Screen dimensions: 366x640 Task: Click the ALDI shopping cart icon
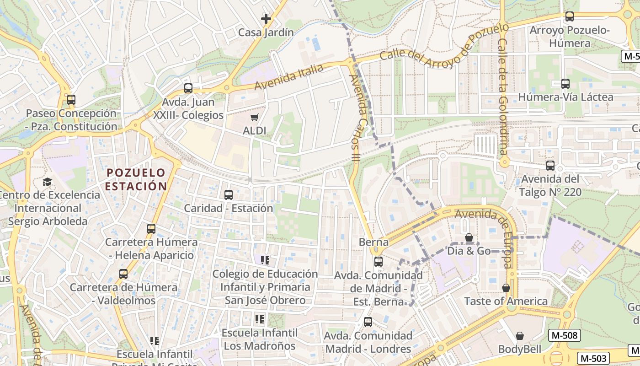pyautogui.click(x=255, y=117)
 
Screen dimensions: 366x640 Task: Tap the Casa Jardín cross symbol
pyautogui.click(x=266, y=19)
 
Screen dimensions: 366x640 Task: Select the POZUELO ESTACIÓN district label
pyautogui.click(x=136, y=179)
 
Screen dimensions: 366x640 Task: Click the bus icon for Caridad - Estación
pyautogui.click(x=229, y=194)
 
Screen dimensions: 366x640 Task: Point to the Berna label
pyautogui.click(x=373, y=242)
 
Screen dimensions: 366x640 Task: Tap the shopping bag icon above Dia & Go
pyautogui.click(x=469, y=237)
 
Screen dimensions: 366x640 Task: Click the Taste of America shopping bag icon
pyautogui.click(x=506, y=288)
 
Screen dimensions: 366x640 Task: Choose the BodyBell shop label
pyautogui.click(x=519, y=349)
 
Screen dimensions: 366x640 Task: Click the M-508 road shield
pyautogui.click(x=565, y=335)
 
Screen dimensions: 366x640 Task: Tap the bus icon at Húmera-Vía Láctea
pyautogui.click(x=565, y=83)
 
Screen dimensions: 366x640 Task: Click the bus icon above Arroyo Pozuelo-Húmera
pyautogui.click(x=570, y=16)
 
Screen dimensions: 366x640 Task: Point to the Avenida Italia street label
pyautogui.click(x=289, y=76)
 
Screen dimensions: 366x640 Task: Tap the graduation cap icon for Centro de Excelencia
pyautogui.click(x=48, y=182)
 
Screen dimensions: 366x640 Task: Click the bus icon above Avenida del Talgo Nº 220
pyautogui.click(x=550, y=165)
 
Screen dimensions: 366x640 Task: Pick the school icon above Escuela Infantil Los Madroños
pyautogui.click(x=260, y=319)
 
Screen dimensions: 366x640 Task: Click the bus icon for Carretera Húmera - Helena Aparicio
pyautogui.click(x=151, y=228)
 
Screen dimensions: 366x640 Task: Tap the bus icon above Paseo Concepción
pyautogui.click(x=71, y=99)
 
